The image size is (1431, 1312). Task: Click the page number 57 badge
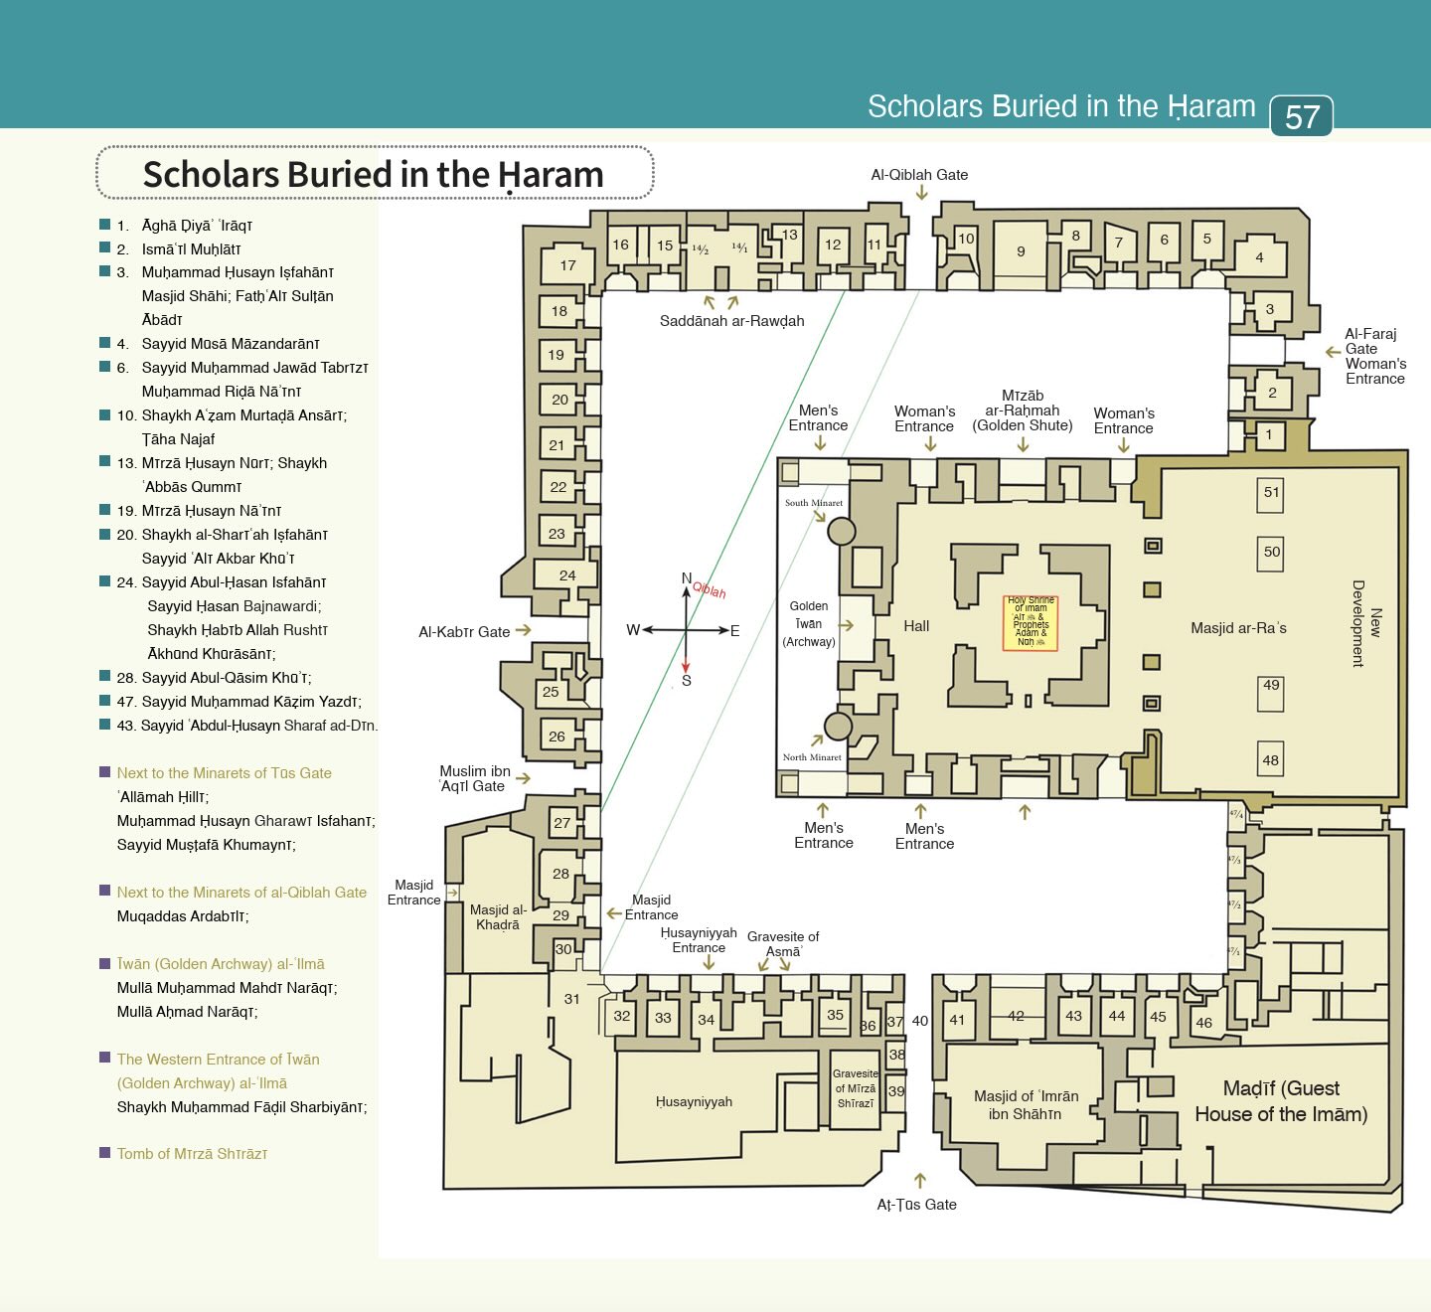pos(1301,116)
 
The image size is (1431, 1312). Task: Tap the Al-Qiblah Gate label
pos(918,175)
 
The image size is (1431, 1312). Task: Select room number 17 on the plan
pos(567,265)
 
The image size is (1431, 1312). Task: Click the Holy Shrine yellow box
pos(1031,623)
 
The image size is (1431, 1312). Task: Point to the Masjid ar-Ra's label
pos(1238,628)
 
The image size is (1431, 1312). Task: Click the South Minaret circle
pos(842,531)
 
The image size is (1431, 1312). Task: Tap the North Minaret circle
pos(838,727)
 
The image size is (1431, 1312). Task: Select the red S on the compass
pos(686,681)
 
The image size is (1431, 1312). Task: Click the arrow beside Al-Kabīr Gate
pos(524,630)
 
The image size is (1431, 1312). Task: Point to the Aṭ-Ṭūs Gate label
pos(916,1205)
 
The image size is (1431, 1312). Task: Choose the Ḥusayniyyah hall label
pos(694,1102)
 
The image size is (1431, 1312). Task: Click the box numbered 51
pos(1271,493)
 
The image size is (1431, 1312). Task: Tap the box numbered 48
pos(1270,760)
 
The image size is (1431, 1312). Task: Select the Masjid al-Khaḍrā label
pos(498,916)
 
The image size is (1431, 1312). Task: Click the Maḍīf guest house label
pos(1281,1101)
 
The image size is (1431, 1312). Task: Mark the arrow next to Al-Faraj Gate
pos(1333,352)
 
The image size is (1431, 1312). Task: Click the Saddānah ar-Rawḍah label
pos(731,321)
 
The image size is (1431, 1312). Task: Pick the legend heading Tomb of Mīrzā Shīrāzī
pos(192,1154)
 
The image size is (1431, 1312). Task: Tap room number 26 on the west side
pos(556,737)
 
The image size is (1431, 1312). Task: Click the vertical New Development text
pos(1366,623)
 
